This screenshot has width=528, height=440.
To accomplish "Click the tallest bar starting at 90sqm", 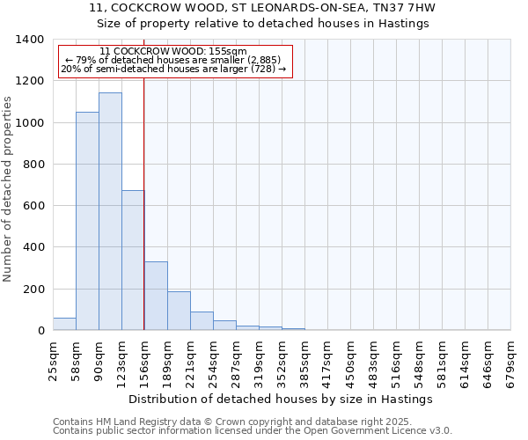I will click(x=110, y=211).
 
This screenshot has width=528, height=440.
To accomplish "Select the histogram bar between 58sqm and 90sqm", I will click(x=87, y=221).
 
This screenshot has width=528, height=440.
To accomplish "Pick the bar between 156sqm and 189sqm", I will click(x=156, y=296).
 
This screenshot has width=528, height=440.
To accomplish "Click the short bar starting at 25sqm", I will click(x=64, y=324).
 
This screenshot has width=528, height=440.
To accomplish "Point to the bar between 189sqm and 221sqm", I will click(x=179, y=311).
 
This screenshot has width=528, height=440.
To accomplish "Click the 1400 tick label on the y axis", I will click(x=30, y=40).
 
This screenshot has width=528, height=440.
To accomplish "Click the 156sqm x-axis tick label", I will click(x=144, y=359).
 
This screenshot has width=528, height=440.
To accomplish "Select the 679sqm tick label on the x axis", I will click(x=510, y=359).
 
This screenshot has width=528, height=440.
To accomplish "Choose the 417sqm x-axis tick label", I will click(x=327, y=359).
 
